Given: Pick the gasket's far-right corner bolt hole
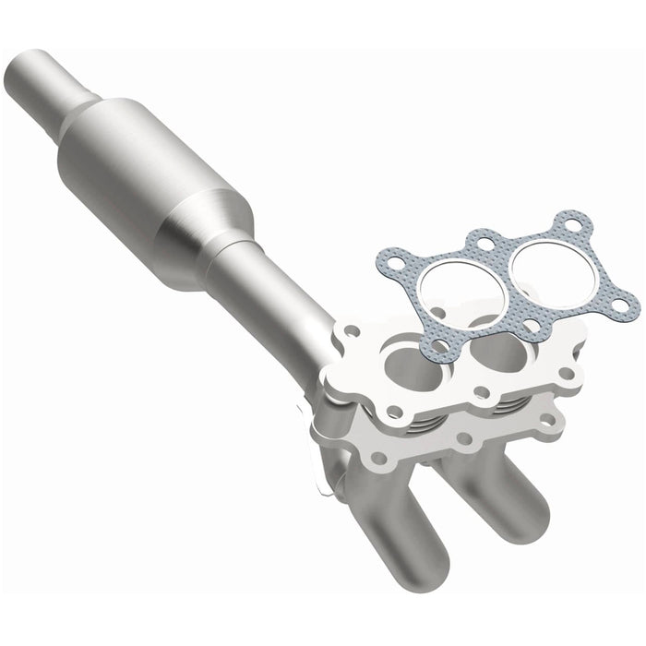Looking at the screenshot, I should click(628, 301).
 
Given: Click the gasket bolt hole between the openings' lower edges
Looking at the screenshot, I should click(534, 325).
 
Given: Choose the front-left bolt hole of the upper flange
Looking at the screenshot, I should click(394, 407).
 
